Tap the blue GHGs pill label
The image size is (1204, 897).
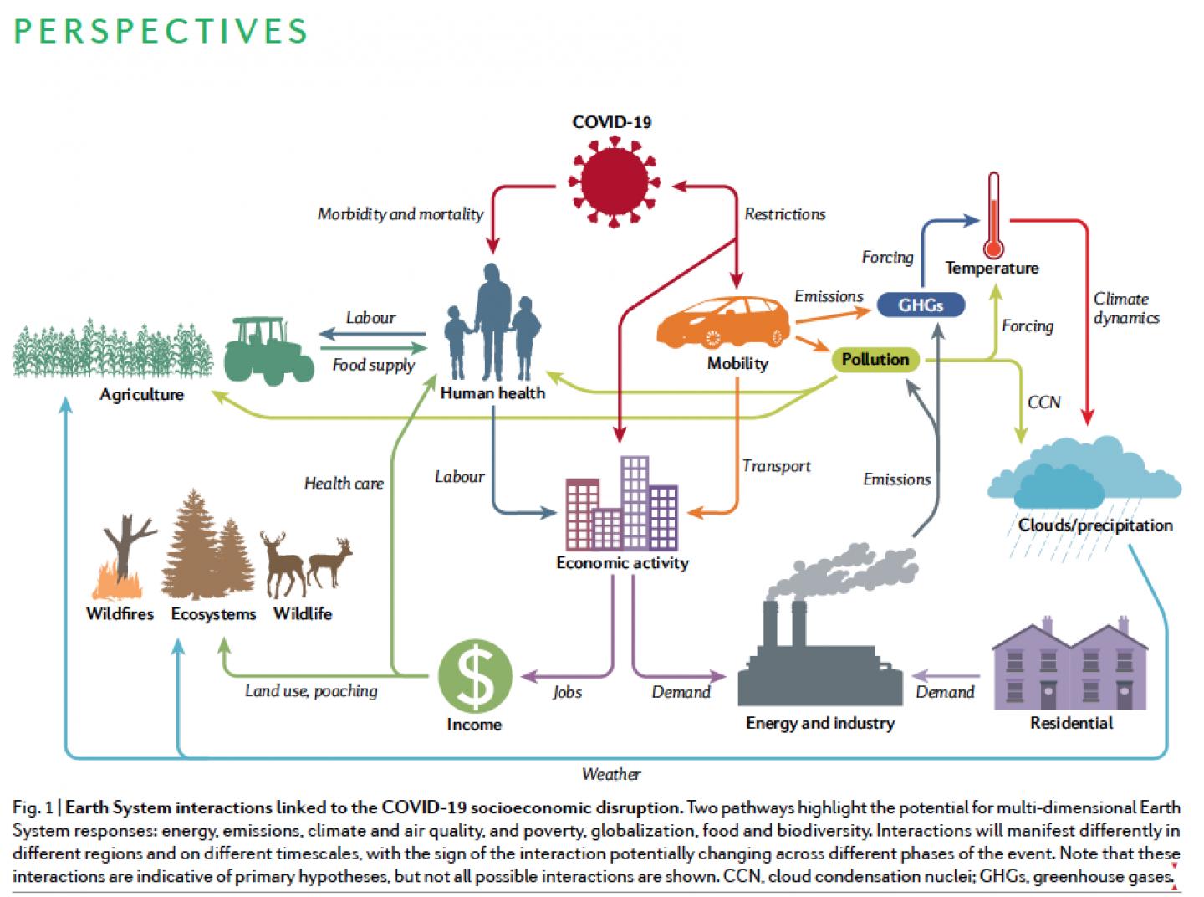(x=921, y=305)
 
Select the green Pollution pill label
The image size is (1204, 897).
(x=875, y=360)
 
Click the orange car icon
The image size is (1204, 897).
(x=722, y=321)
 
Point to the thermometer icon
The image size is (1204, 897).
(x=993, y=216)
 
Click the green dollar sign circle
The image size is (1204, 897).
(x=475, y=677)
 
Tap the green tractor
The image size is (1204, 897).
(x=268, y=351)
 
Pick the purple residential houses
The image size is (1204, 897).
(x=1070, y=665)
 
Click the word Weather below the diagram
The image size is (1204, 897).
(x=611, y=774)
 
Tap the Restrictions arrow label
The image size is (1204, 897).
(x=784, y=214)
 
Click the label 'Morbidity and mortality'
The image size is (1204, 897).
(x=400, y=214)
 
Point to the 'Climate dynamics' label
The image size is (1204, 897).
(x=1125, y=308)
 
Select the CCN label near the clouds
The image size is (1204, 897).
(x=1043, y=402)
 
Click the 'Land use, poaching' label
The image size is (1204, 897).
(x=311, y=691)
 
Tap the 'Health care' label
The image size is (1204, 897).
(x=344, y=483)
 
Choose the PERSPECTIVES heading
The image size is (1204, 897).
(x=161, y=31)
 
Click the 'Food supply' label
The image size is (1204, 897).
(x=373, y=365)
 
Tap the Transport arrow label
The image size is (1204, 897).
(x=776, y=466)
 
